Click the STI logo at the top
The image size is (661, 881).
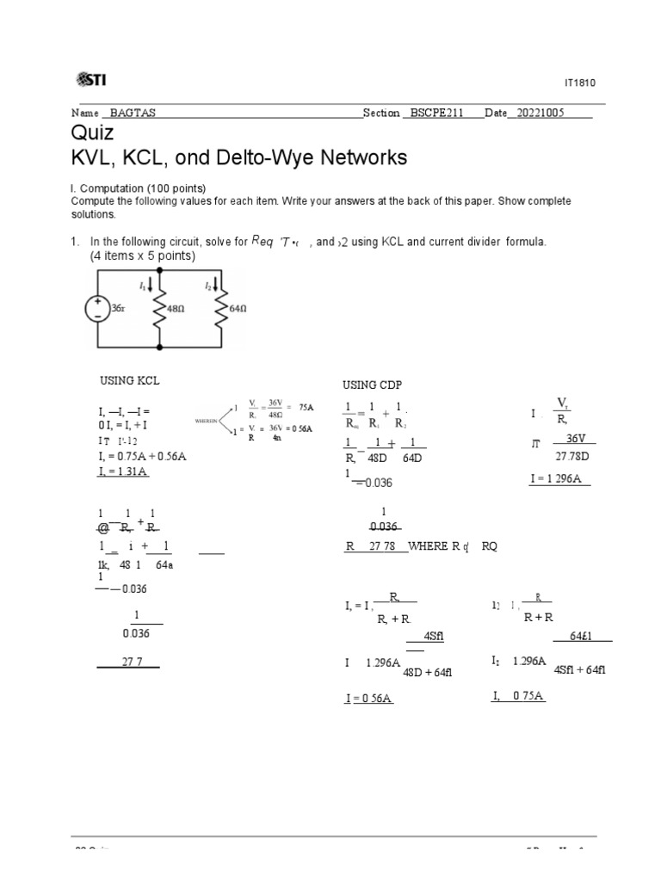coord(90,80)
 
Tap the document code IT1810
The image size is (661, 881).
coord(579,83)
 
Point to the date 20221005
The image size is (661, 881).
coord(540,113)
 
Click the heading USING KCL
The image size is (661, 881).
coord(130,379)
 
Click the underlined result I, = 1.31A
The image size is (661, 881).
coord(123,471)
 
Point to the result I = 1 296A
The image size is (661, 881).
coord(559,478)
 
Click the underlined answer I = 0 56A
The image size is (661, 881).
coord(368,699)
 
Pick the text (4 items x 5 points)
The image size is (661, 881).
coord(143,256)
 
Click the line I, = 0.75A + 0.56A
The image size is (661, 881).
coord(142,456)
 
